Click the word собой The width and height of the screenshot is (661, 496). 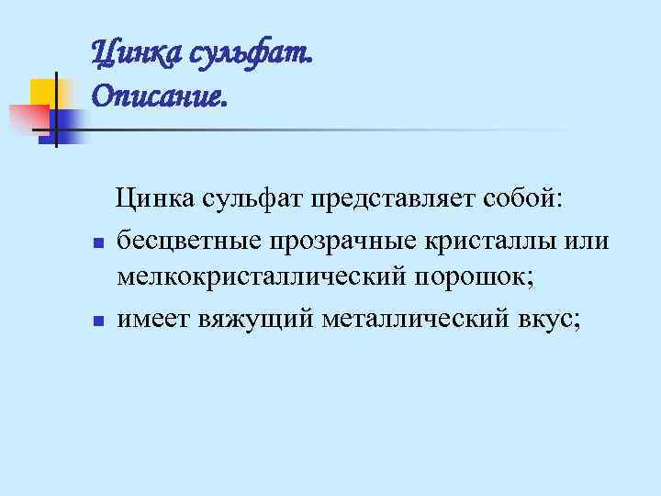532,197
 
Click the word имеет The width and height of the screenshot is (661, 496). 151,318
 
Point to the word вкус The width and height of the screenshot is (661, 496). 547,318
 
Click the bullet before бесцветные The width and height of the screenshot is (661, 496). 96,243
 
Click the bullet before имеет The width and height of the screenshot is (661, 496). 96,321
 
